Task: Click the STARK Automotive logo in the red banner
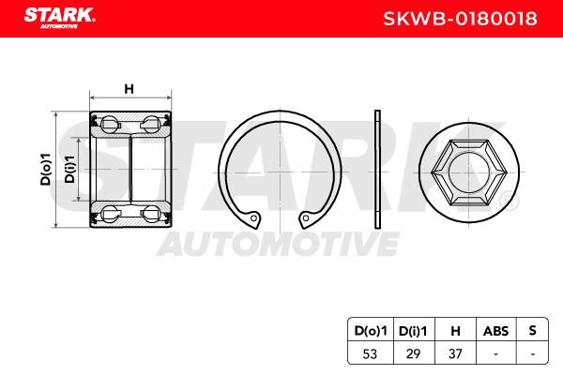click(x=60, y=18)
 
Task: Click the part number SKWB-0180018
click(x=461, y=19)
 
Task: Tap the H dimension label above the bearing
click(x=129, y=89)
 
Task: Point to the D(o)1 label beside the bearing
click(x=46, y=169)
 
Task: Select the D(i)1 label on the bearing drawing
click(x=69, y=169)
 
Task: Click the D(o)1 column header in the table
click(x=371, y=331)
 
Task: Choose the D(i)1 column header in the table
click(x=413, y=331)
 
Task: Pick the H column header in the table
click(x=455, y=331)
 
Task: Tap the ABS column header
click(x=495, y=331)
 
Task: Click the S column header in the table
click(x=532, y=330)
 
